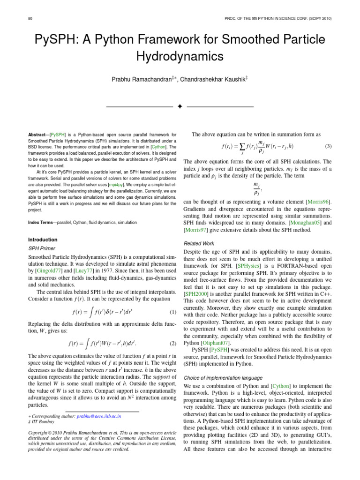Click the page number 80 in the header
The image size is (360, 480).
(30, 18)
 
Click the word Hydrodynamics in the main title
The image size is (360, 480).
(180, 56)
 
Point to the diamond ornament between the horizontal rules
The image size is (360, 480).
(180, 107)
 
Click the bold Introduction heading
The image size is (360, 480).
(43, 240)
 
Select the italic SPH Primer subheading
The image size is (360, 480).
(42, 248)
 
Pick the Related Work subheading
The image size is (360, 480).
(199, 243)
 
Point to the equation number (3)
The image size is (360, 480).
(328, 146)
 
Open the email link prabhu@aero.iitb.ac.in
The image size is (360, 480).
(99, 416)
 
